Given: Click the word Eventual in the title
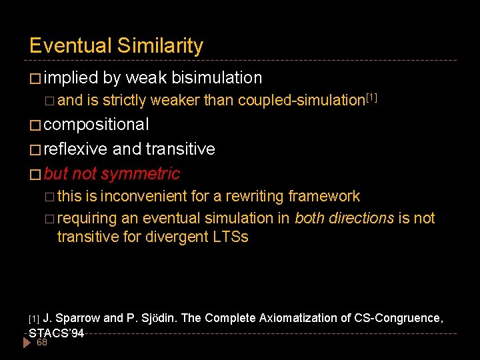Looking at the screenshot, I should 71,46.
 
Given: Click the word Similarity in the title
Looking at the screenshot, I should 160,46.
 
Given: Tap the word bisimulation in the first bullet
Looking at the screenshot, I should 217,78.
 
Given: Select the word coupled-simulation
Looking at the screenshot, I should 301,101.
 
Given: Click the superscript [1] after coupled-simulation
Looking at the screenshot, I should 371,97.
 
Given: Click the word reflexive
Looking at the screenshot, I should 78,149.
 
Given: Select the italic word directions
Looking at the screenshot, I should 360,218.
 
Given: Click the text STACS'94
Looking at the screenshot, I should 57,333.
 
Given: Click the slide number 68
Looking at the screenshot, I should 41,343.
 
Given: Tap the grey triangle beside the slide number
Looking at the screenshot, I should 27,343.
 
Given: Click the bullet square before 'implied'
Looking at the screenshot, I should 35,79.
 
